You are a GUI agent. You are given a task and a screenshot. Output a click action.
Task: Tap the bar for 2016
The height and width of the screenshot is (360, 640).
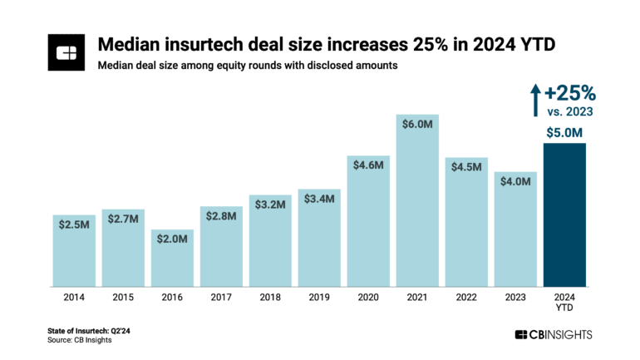coord(172,262)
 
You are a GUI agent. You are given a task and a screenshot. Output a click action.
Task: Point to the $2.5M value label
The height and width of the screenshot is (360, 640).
coord(75,224)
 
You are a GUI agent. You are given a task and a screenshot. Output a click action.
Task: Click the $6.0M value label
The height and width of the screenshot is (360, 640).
coord(417,124)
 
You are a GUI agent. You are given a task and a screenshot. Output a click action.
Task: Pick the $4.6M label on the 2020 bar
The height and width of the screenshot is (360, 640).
coord(368,165)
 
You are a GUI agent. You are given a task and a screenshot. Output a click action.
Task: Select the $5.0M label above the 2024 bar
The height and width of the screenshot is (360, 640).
coord(564,131)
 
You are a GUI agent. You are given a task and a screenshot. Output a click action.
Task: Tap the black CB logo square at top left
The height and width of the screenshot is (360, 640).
coord(67,52)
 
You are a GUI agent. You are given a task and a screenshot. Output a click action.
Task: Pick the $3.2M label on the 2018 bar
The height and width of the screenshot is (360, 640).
coord(270,205)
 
